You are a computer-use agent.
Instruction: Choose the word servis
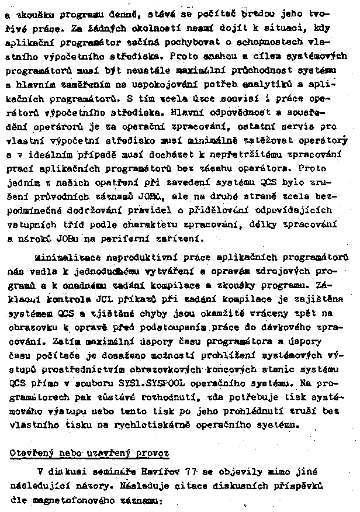coord(300,126)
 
